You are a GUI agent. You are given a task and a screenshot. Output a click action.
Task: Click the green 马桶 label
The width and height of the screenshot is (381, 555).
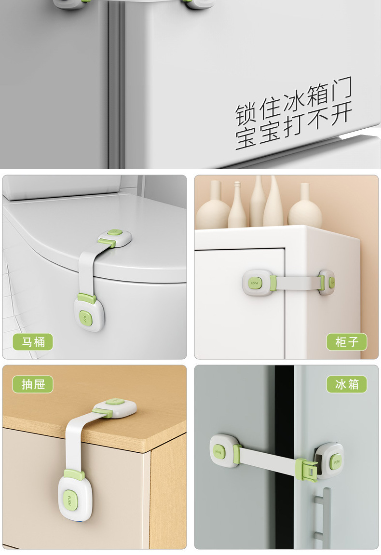tap(33, 342)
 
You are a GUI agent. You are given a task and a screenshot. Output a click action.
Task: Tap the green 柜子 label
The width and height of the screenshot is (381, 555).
tap(347, 342)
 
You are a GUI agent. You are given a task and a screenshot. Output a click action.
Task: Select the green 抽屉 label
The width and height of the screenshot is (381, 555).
tap(33, 384)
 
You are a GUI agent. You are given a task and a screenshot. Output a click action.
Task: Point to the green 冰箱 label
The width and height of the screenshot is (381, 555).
tap(347, 384)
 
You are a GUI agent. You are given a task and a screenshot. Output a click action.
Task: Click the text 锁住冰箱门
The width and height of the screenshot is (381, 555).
tap(293, 100)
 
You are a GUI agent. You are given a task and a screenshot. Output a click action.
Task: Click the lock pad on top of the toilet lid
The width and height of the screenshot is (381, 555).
tap(115, 237)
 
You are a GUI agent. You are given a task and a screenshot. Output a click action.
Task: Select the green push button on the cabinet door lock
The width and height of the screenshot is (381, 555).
tap(254, 282)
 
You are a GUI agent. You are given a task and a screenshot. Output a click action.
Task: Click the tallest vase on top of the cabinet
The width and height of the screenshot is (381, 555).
tap(273, 203)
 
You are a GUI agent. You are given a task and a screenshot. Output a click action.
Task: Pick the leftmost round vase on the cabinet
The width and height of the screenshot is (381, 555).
tap(214, 207)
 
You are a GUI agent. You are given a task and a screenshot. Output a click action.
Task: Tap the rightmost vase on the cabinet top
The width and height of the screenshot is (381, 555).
tap(305, 207)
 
